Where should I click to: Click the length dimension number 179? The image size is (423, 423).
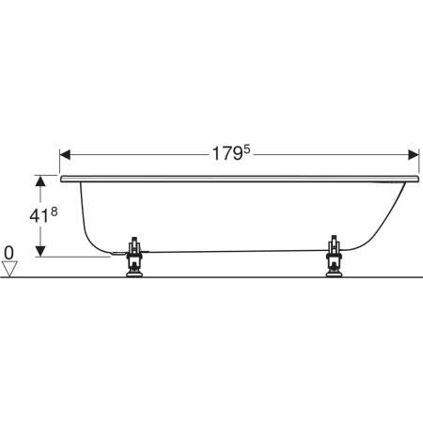coord(227,154)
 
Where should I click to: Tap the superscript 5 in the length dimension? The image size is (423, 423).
coord(247,149)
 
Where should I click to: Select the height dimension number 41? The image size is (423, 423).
coord(39,216)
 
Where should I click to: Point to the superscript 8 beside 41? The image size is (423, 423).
coord(54,212)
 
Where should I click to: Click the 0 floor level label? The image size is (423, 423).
coord(9,253)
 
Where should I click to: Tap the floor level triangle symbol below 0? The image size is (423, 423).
coord(9,269)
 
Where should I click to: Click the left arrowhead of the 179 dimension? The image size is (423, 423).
coord(65,154)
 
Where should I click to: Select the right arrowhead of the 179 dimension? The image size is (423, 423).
coord(414,154)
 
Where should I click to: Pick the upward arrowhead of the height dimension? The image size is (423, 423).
coord(40,180)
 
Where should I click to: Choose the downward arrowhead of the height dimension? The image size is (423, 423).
coord(40,251)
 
